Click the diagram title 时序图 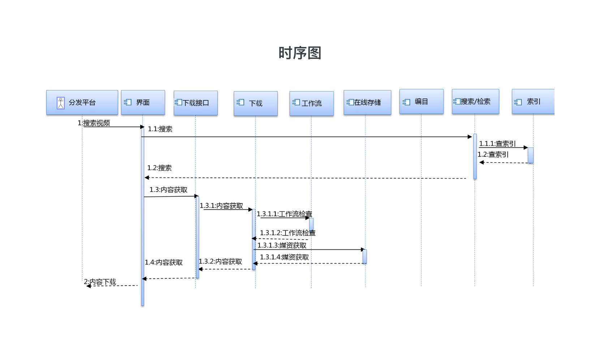point(300,53)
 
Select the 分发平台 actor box point(82,103)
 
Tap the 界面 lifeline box point(143,103)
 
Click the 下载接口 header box point(196,103)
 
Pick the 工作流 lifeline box point(311,103)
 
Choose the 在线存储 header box point(367,103)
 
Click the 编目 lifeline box point(421,102)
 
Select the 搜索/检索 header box point(475,102)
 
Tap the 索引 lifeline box point(533,102)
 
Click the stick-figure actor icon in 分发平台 point(61,103)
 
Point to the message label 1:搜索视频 point(94,123)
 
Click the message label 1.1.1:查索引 point(497,143)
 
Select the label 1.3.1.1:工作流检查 point(284,214)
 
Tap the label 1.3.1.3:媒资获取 point(282,245)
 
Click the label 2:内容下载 point(100,282)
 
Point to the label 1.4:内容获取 point(164,262)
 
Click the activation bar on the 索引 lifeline point(530,155)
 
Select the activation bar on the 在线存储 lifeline point(364,256)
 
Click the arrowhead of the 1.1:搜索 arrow point(470,137)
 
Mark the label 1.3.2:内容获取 point(220,261)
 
